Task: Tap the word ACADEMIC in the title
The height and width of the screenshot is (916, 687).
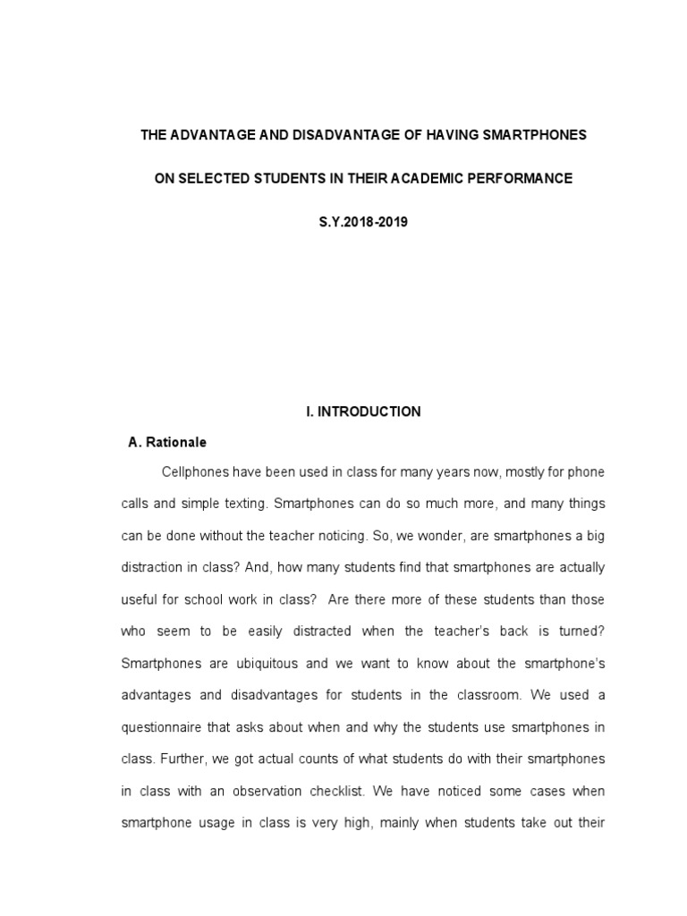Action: point(450,179)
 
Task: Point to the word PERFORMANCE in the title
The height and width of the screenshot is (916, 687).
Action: point(527,179)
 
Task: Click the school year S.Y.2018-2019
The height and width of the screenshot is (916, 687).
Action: point(357,222)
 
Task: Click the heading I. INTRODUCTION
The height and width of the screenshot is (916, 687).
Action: point(357,411)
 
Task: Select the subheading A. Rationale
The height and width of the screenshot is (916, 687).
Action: point(167,442)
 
